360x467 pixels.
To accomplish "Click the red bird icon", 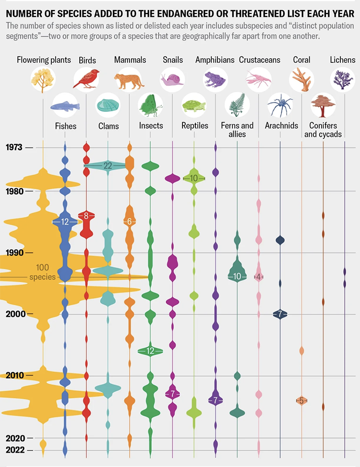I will pyautogui.click(x=86, y=79).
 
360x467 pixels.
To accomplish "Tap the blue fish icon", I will pyautogui.click(x=64, y=106).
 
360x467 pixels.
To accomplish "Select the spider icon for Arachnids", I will pyautogui.click(x=280, y=106).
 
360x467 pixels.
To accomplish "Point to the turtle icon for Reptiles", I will pyautogui.click(x=194, y=106).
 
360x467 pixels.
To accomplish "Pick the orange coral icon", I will pyautogui.click(x=301, y=78).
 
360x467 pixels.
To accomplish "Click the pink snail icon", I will pyautogui.click(x=172, y=78).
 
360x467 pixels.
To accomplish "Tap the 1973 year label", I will pyautogui.click(x=15, y=147).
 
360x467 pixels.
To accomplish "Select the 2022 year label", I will pyautogui.click(x=15, y=450).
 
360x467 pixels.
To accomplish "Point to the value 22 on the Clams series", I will pyautogui.click(x=108, y=165).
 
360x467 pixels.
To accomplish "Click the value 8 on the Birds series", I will pyautogui.click(x=86, y=216).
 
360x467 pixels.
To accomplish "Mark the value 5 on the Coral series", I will pyautogui.click(x=301, y=400).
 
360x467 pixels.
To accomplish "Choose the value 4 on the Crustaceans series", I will pyautogui.click(x=259, y=277).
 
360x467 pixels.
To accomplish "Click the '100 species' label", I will pyautogui.click(x=42, y=272).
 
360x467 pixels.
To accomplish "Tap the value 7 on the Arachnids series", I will pyautogui.click(x=280, y=314).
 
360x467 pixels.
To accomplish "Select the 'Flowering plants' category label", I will pyautogui.click(x=44, y=60).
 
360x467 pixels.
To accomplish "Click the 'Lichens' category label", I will pyautogui.click(x=343, y=60).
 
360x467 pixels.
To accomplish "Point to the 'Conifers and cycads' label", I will pyautogui.click(x=323, y=130).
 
